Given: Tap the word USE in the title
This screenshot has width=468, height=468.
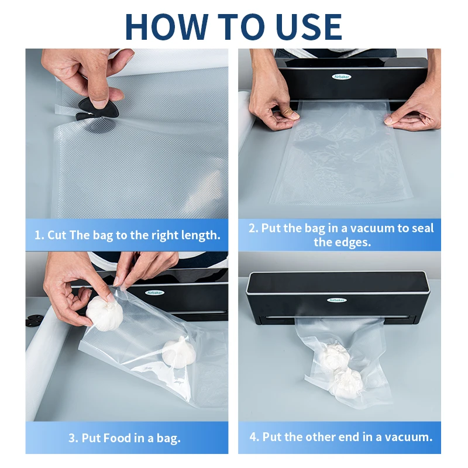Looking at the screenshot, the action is [x=309, y=26].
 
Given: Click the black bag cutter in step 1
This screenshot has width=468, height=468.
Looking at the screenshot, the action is [x=98, y=109].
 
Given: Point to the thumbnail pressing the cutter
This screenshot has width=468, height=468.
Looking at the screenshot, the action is [x=98, y=105].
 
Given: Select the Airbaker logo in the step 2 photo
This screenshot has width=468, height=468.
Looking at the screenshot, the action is [x=342, y=77].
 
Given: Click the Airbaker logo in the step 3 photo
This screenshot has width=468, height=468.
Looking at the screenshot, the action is [x=154, y=293].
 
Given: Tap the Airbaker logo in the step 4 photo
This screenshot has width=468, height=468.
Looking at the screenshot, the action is [x=337, y=300].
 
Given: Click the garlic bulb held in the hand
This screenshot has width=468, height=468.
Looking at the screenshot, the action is [x=105, y=313].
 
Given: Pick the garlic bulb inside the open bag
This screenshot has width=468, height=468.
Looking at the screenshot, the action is [x=179, y=353].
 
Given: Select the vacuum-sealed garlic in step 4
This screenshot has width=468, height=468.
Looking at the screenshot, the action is [x=342, y=370].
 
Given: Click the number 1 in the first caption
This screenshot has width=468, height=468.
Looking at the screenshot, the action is [x=38, y=235].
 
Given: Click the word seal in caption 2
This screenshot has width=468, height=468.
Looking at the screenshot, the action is [x=422, y=228].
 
